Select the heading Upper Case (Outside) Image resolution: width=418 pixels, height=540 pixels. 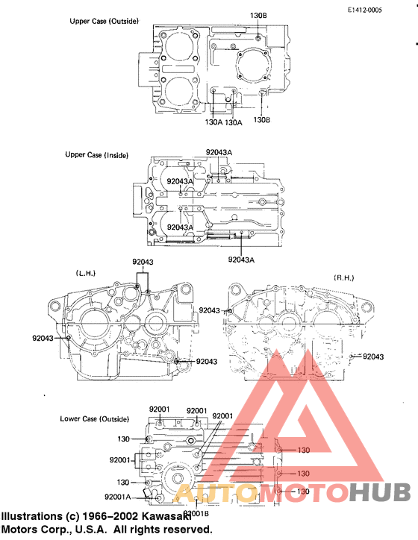click(104, 21)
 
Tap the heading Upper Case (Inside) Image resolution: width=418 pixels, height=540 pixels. click(96, 155)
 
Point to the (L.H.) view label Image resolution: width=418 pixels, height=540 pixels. click(86, 273)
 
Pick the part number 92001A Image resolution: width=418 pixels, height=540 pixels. click(117, 496)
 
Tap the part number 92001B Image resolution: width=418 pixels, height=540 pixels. click(196, 513)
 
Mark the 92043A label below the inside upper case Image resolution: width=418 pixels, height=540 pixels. click(241, 260)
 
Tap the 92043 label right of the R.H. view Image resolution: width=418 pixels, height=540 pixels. click(373, 357)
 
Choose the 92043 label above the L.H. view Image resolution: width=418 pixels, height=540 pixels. click(143, 262)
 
